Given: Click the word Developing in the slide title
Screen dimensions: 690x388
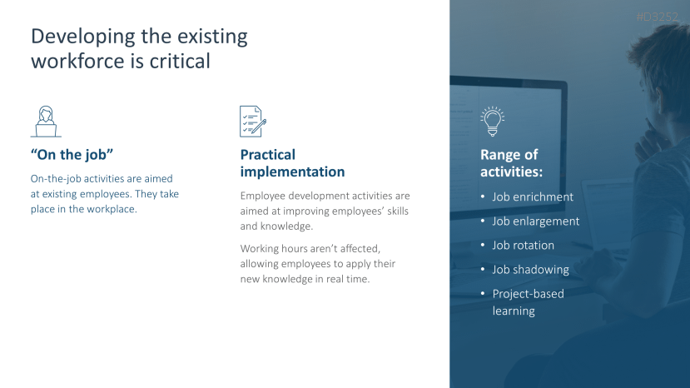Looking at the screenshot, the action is tap(82, 37).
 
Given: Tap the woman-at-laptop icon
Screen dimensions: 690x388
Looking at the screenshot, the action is tap(46, 122).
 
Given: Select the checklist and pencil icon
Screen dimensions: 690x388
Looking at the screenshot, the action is tap(253, 122).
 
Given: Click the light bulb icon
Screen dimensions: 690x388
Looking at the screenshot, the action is tap(493, 122).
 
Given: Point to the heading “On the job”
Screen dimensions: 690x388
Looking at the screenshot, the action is tap(72, 155).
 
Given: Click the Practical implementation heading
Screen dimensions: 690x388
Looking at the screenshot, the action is tap(292, 163).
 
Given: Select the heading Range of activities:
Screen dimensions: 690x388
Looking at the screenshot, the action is tap(511, 163).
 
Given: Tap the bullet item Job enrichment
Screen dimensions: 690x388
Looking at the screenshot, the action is tap(533, 196).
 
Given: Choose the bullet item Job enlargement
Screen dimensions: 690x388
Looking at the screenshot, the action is tap(535, 221).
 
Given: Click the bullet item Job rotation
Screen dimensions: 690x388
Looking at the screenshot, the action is tap(523, 246).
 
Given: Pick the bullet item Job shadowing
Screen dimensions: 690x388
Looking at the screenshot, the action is tap(530, 270).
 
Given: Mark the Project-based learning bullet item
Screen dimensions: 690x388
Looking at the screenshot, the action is tap(528, 302).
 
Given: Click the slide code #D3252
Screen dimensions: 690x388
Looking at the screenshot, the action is tap(658, 17).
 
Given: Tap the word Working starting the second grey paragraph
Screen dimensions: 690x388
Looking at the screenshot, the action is tap(260, 249).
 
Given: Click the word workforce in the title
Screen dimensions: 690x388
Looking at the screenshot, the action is tap(78, 61).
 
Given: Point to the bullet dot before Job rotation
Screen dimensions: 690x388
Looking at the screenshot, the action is tap(483, 245).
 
